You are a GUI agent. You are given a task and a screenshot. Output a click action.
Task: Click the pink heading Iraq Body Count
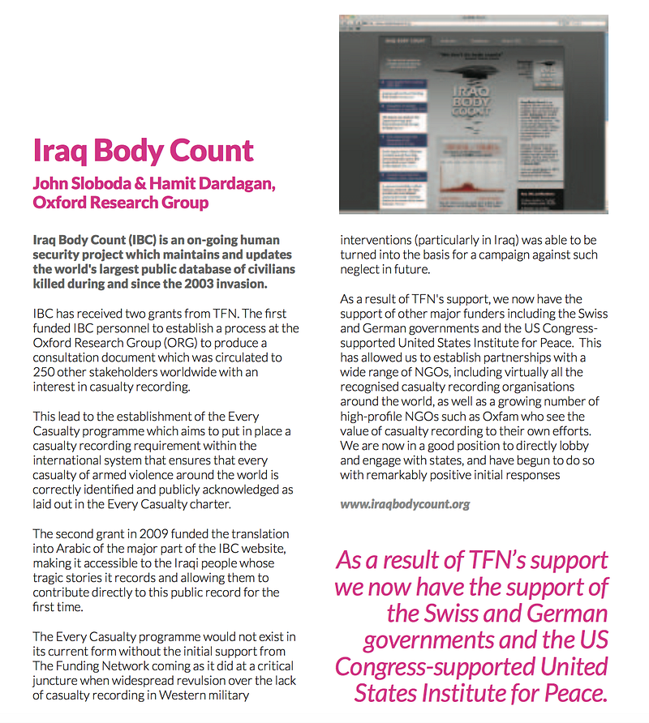[143, 151]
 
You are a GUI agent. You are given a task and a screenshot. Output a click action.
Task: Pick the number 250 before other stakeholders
[44, 372]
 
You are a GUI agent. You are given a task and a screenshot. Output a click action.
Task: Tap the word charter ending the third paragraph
[214, 503]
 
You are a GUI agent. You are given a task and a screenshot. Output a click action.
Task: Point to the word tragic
[51, 577]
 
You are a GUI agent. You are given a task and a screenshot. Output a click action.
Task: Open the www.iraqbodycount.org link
[405, 504]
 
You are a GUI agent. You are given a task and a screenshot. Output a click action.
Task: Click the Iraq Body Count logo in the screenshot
[472, 101]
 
